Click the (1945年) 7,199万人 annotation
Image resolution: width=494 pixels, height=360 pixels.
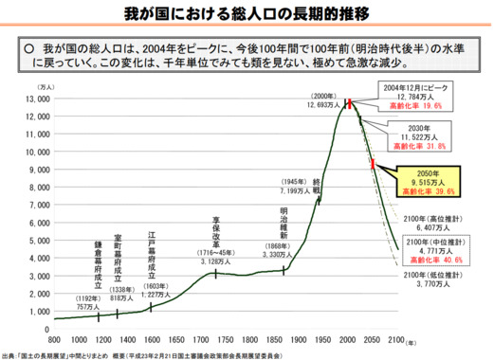click(291, 187)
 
